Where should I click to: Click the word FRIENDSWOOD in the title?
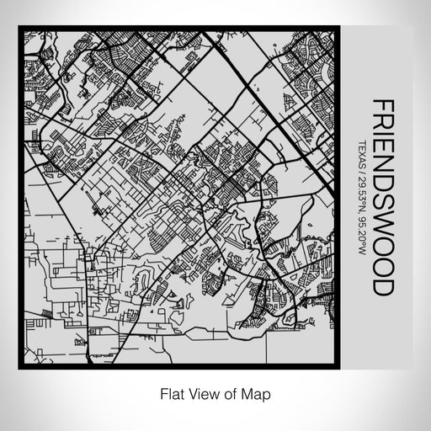[x=382, y=197]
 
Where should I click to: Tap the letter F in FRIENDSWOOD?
[x=382, y=106]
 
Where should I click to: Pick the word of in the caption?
[x=231, y=392]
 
